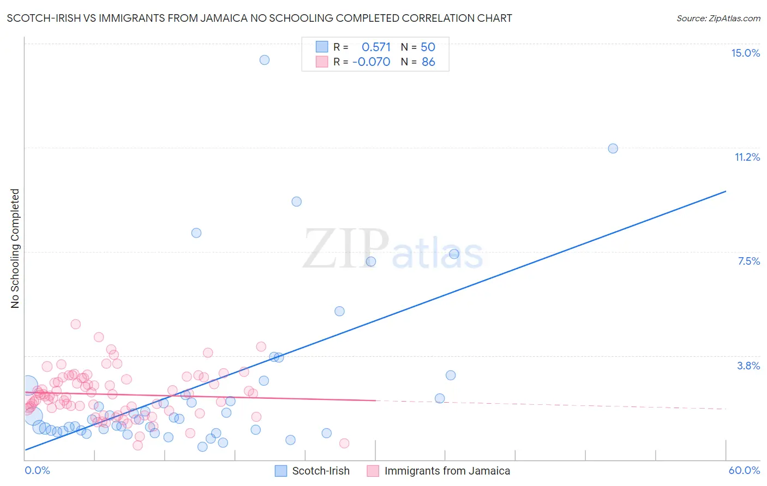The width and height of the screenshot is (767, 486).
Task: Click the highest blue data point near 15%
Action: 265,60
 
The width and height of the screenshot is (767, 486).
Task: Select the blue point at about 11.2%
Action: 613,148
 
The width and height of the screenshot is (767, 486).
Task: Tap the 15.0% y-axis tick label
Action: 745,53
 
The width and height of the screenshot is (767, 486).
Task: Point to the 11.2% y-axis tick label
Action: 747,157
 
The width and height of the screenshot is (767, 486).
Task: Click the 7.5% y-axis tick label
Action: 748,261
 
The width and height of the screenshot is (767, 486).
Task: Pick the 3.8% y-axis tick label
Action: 748,366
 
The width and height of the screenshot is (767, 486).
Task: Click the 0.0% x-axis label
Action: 37,470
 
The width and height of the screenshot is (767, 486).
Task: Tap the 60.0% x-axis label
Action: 744,470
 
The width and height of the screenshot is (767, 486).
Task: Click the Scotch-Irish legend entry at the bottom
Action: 320,471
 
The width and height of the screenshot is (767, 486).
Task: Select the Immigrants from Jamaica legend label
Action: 447,471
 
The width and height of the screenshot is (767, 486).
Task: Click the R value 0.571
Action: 376,47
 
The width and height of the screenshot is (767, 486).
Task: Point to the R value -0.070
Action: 371,62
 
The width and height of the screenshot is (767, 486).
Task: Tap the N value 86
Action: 428,62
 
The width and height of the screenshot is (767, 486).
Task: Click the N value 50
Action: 428,47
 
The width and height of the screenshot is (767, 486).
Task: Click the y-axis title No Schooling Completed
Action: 15,248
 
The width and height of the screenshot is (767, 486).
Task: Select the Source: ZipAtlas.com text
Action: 718,19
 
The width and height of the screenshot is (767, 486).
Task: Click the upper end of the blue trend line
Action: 726,191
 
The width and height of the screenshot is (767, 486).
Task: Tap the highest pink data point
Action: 76,324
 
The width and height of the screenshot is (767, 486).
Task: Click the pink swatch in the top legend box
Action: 322,62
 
